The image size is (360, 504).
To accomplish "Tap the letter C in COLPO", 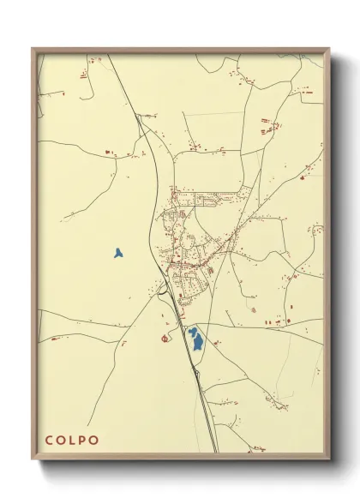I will [51, 440].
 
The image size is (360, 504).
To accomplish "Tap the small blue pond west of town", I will [117, 253].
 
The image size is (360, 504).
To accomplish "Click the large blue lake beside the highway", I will [197, 343].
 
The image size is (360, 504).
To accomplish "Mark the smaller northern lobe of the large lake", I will [192, 330].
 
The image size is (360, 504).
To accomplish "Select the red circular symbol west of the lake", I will [165, 338].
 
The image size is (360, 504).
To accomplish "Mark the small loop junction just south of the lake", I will [197, 370].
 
